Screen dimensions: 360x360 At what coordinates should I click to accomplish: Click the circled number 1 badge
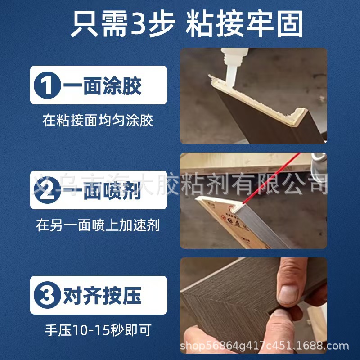click(47, 85)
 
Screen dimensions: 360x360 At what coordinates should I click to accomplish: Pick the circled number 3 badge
click(47, 295)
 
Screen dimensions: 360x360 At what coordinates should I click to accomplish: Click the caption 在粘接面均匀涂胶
click(98, 121)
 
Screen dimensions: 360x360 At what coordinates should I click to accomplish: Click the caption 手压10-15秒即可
click(98, 330)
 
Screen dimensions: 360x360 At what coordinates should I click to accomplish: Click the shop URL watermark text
click(264, 346)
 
